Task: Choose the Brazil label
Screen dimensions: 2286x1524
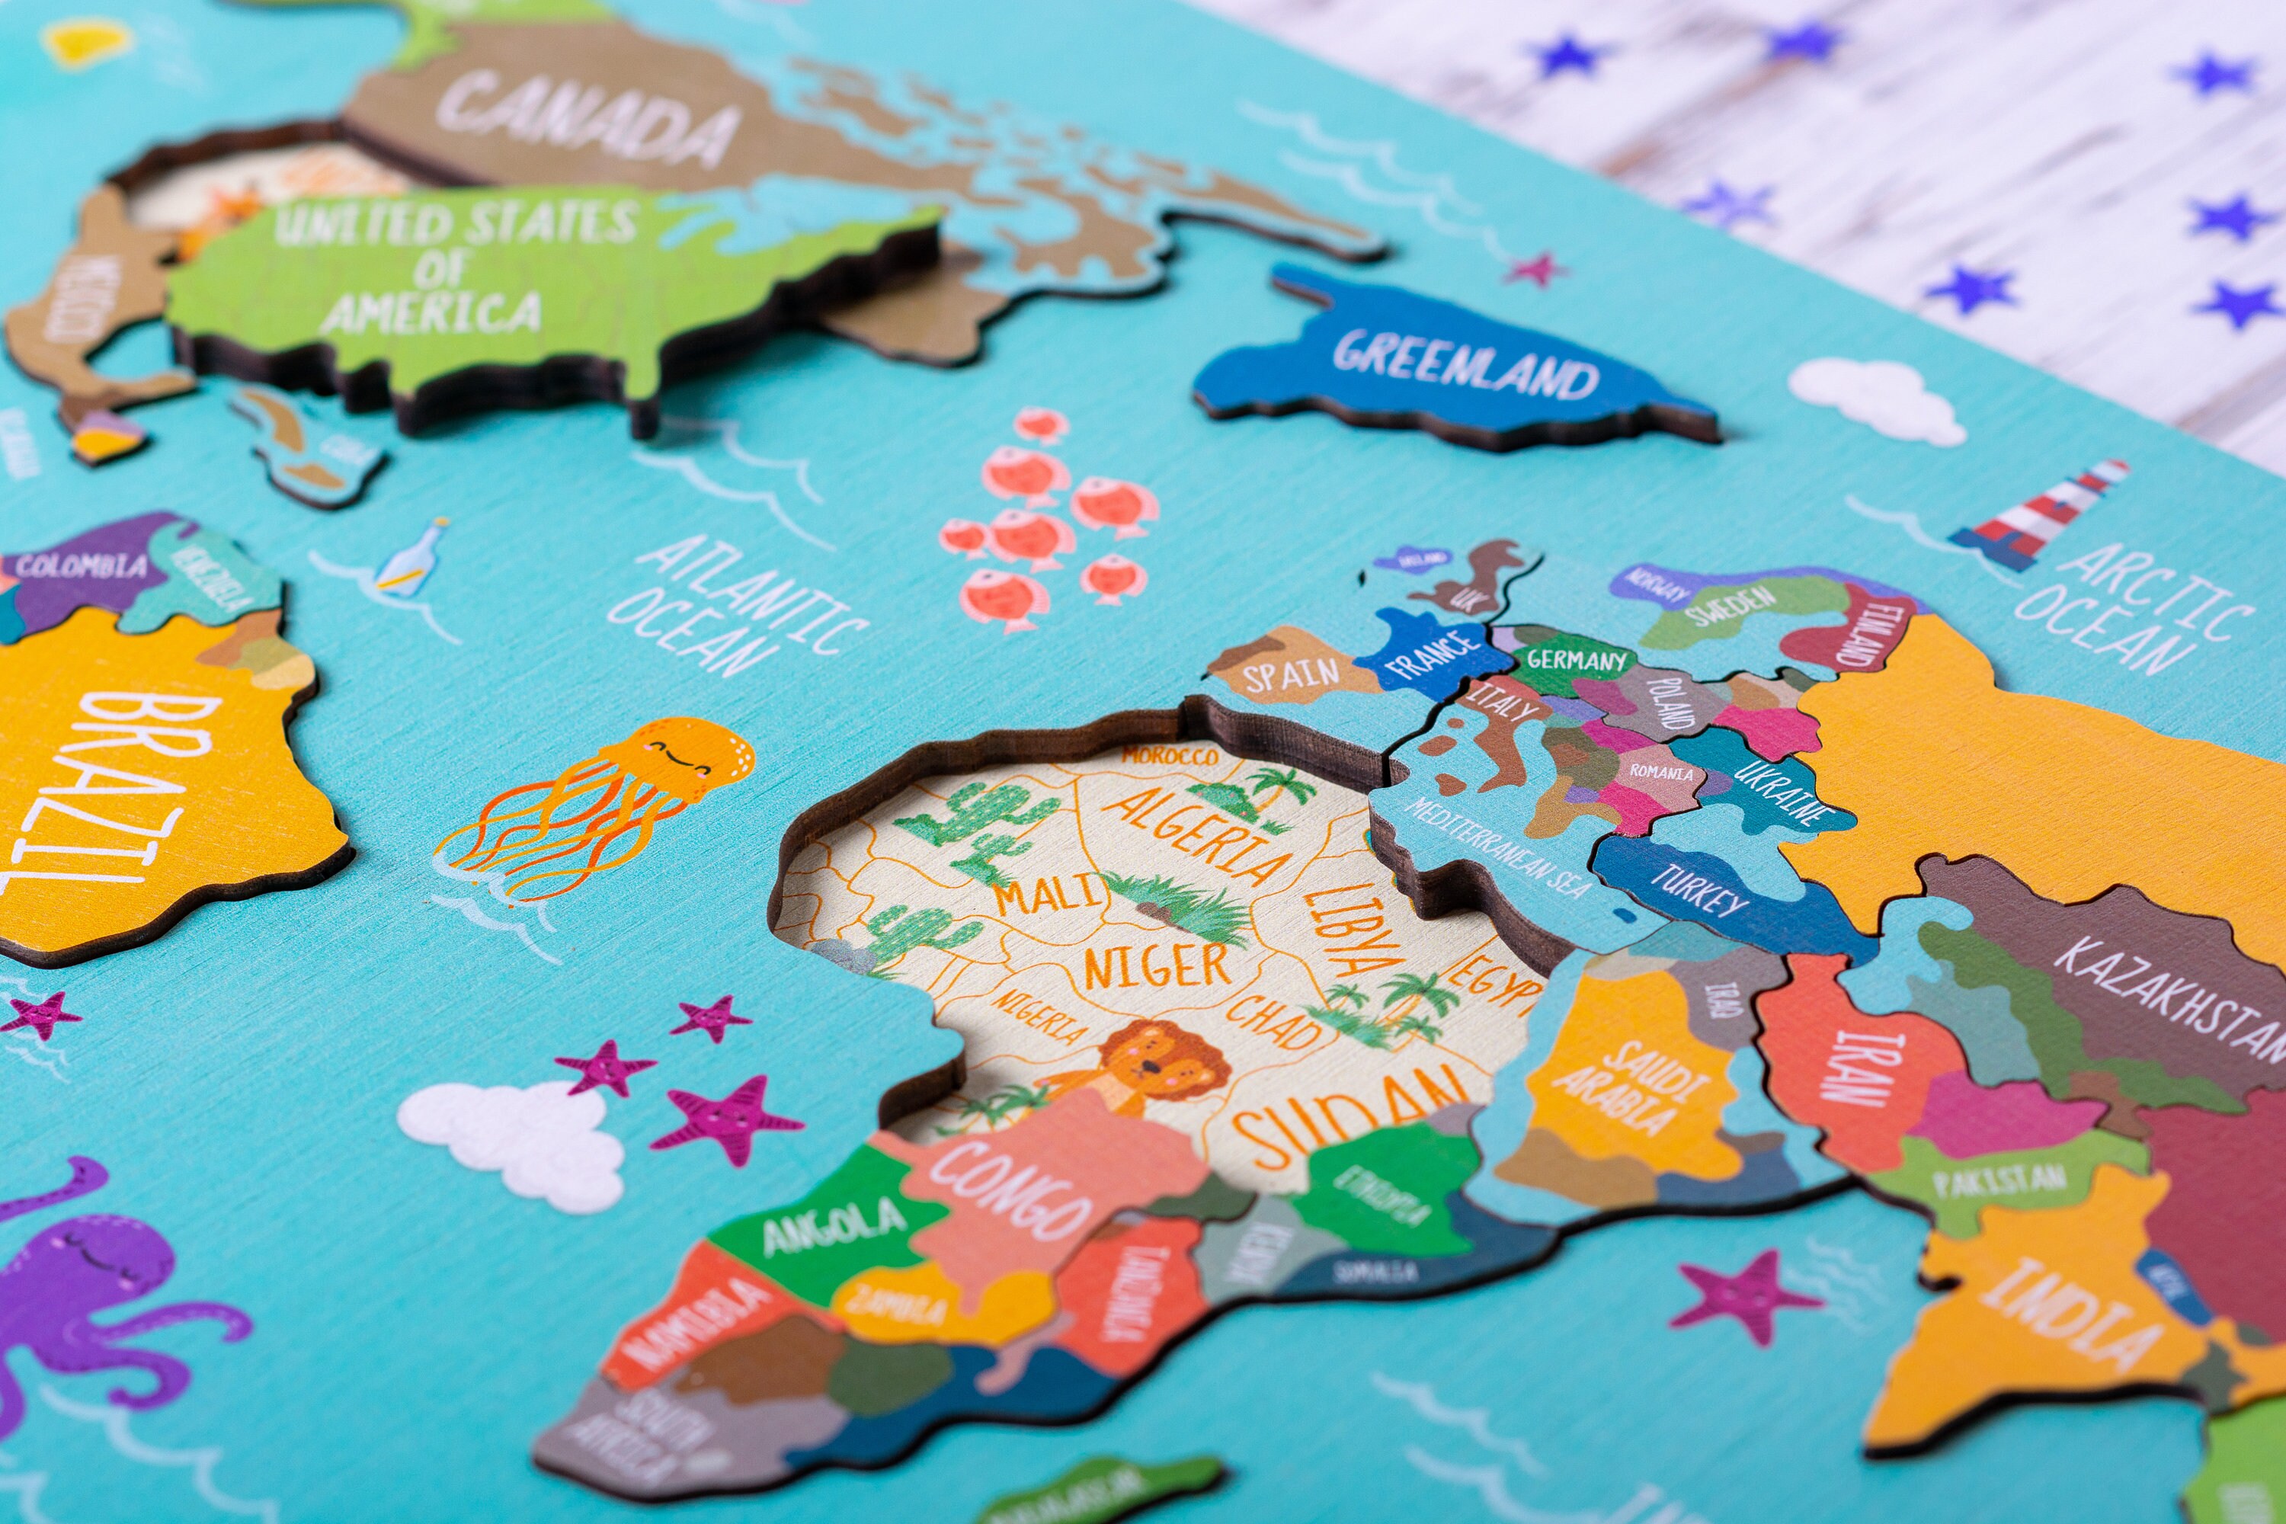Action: coord(117,787)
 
